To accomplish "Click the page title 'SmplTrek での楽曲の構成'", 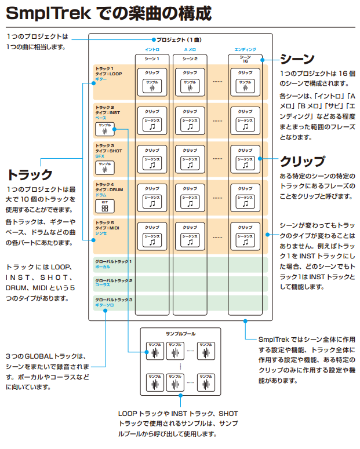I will click(108, 13).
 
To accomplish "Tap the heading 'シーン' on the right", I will click(297, 59).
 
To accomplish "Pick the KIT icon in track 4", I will click(105, 205).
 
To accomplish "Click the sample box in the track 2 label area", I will click(105, 129).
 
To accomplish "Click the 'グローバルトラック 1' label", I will click(114, 262).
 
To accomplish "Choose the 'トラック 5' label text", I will click(105, 222).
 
